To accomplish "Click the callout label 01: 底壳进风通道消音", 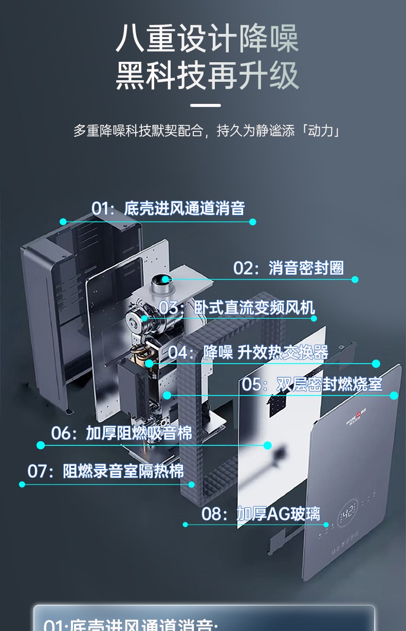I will (x=168, y=208).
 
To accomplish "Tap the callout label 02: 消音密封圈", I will (x=288, y=268).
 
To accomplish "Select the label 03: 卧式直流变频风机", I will (x=236, y=308).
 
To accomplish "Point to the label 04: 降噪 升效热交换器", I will (x=248, y=352).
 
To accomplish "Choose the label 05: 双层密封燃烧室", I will (x=305, y=384).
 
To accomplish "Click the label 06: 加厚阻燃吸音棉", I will (x=122, y=433).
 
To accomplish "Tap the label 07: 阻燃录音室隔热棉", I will (x=105, y=471).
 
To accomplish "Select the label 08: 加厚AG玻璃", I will (x=261, y=513).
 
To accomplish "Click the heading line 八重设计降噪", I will (x=207, y=40).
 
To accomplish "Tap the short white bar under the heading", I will (x=205, y=105).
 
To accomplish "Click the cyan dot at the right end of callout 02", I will (x=355, y=279).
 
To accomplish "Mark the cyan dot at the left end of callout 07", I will (x=22, y=484).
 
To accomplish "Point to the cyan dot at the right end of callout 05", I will (x=394, y=395).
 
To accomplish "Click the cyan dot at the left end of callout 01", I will (x=63, y=222).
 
